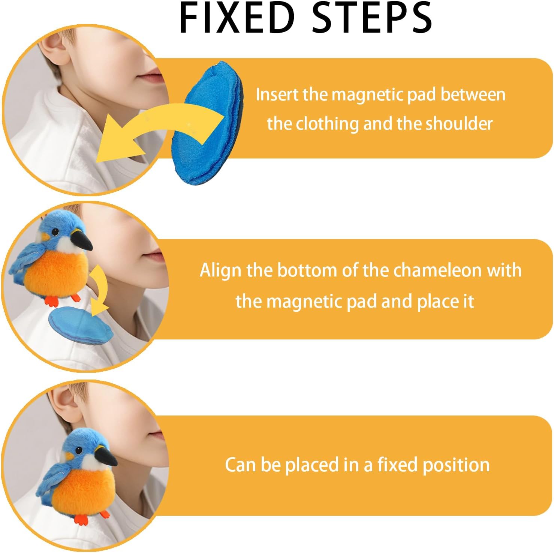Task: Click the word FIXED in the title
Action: coord(237,18)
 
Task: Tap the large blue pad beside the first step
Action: coord(207,123)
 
